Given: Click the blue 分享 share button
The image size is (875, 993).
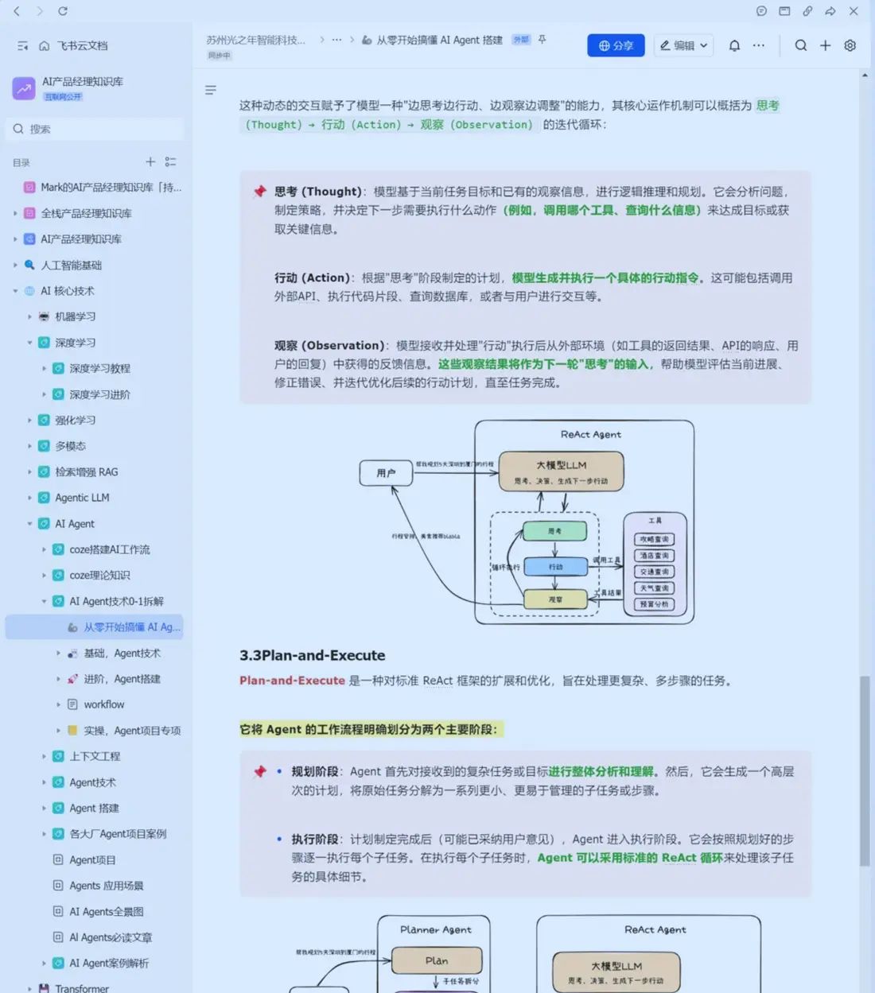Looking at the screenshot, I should click(616, 45).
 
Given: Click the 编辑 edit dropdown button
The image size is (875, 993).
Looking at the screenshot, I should click(683, 45).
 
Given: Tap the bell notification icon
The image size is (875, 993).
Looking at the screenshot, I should click(734, 45).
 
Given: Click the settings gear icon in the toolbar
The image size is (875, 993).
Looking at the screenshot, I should click(850, 45).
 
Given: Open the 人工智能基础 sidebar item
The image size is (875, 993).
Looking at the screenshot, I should click(72, 265).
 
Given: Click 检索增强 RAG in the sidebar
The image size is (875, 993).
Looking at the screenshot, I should click(86, 471).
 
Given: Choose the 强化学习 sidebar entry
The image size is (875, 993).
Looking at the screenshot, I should click(75, 420).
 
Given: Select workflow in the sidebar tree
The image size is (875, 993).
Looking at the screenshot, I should click(104, 704).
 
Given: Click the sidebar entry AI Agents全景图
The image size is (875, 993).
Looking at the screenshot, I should click(106, 911).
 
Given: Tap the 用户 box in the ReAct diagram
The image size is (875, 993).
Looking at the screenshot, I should click(386, 472).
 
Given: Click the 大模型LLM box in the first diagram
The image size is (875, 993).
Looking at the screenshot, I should click(561, 471).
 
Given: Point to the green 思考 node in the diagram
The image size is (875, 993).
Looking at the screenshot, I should click(554, 531).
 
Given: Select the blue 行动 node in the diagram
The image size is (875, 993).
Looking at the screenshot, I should click(555, 566).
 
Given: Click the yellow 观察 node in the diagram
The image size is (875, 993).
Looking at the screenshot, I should click(555, 599).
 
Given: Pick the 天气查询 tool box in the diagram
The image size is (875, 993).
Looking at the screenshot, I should click(655, 588).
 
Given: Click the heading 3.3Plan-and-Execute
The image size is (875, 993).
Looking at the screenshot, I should click(312, 655).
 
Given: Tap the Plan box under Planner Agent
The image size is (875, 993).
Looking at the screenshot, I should click(436, 960).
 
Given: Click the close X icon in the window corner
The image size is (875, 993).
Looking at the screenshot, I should click(854, 11).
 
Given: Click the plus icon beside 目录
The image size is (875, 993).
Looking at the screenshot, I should click(150, 161).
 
